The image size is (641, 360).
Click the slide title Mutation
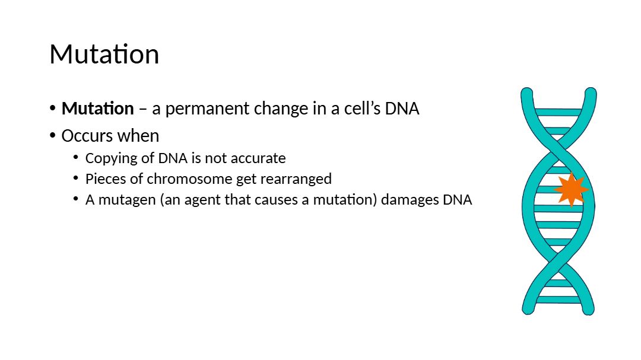point(104,55)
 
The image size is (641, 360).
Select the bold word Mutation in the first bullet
point(98,109)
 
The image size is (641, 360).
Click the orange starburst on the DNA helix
point(571,190)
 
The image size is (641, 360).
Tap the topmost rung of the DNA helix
point(558,112)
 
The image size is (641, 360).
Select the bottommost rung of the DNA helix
point(558,300)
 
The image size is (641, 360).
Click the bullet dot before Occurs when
point(52,135)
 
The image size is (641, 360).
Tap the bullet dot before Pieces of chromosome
point(75,178)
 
